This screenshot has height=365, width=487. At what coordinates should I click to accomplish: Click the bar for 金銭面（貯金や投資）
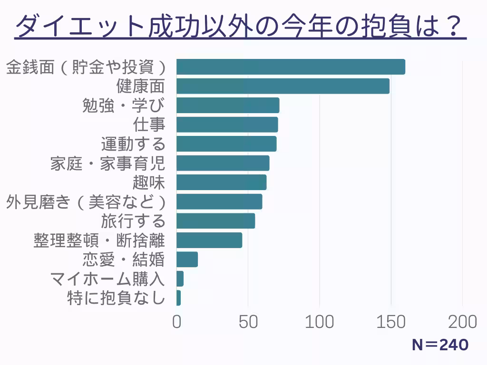point(291,67)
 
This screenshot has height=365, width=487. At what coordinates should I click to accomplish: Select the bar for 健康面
point(283,86)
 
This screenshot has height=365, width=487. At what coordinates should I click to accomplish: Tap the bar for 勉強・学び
point(228,106)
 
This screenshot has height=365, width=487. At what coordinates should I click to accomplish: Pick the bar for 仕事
point(227,125)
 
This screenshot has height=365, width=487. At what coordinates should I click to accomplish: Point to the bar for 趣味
point(221,182)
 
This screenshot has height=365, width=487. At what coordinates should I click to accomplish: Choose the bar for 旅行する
point(215,221)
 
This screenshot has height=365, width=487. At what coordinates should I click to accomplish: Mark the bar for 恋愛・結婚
point(187,259)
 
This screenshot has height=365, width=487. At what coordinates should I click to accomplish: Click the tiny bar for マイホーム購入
point(180,279)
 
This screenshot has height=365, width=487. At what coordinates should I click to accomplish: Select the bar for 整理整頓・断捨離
point(209,240)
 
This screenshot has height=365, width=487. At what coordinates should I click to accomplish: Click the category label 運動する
point(133,144)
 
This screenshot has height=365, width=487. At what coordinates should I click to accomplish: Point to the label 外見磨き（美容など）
point(86,202)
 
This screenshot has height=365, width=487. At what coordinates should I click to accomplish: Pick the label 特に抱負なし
point(116,298)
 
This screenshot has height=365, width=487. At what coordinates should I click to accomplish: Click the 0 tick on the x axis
point(177,322)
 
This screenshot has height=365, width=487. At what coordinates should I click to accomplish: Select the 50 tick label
point(248,322)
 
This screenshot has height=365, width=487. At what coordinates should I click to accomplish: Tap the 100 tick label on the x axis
point(320,322)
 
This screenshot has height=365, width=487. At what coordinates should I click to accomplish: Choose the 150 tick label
point(391,322)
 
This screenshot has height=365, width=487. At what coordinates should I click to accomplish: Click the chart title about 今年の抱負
point(240,26)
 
